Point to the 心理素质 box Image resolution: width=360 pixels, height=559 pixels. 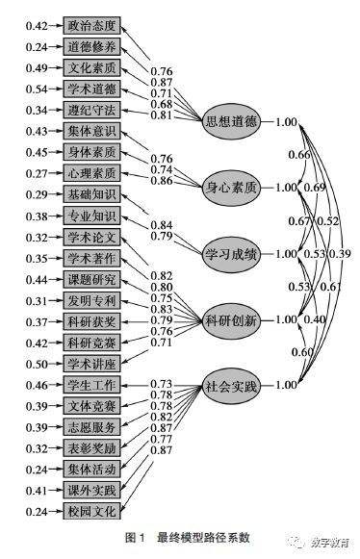(x=92, y=173)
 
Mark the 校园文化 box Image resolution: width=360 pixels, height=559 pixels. (x=92, y=511)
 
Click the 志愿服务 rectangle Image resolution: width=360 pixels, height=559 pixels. (x=92, y=426)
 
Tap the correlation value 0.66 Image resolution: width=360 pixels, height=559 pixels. (x=300, y=155)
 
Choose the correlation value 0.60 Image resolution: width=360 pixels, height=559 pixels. (x=300, y=352)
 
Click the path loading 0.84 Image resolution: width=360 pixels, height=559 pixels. (x=162, y=223)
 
